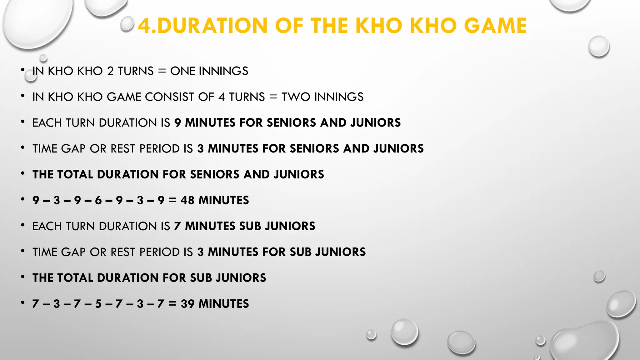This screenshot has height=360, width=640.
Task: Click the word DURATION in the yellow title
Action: pyautogui.click(x=212, y=26)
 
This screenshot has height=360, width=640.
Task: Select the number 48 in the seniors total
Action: pyautogui.click(x=187, y=200)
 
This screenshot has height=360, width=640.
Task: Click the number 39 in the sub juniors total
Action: pyautogui.click(x=187, y=304)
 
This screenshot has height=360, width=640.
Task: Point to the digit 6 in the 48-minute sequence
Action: pyautogui.click(x=98, y=200)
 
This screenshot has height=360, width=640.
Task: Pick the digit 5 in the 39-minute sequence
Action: pyautogui.click(x=98, y=304)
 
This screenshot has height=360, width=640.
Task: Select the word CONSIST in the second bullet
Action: pyautogui.click(x=170, y=97)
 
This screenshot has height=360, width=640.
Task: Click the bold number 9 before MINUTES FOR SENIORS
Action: pyautogui.click(x=177, y=123)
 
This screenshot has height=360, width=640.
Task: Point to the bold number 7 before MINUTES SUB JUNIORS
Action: pyautogui.click(x=177, y=226)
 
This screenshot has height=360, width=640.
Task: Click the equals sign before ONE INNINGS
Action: pyautogui.click(x=162, y=71)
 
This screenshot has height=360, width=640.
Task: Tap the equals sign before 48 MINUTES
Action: pyautogui.click(x=172, y=200)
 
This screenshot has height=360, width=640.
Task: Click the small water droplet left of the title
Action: pyautogui.click(x=127, y=24)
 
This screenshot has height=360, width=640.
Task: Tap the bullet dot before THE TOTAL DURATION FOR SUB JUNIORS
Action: pyautogui.click(x=23, y=277)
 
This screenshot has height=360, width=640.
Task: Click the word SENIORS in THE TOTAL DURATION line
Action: pyautogui.click(x=215, y=174)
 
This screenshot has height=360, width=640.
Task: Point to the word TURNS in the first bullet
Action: pyautogui.click(x=136, y=71)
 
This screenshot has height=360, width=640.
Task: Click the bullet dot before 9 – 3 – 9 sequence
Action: pyautogui.click(x=23, y=199)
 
